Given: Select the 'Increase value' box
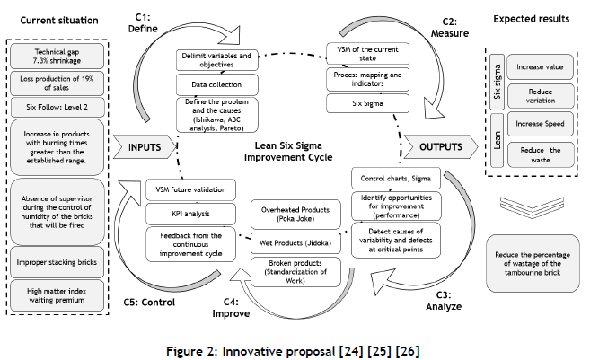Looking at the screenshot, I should click(x=536, y=67).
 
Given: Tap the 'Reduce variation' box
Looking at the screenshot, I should click(x=536, y=96).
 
